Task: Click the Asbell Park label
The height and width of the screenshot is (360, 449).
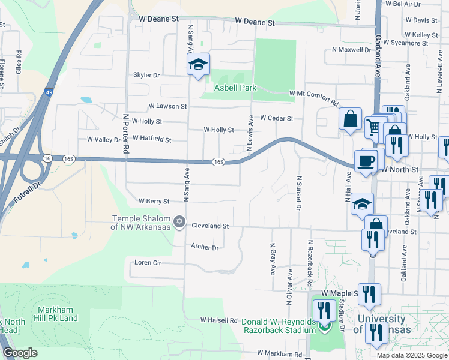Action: click(x=236, y=88)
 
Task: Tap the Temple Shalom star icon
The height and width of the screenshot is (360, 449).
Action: click(x=179, y=223)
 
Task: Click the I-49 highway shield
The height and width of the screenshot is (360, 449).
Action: click(x=47, y=93)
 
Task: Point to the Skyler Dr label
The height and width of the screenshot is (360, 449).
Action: click(x=146, y=76)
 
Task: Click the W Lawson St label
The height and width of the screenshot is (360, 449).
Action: click(x=168, y=106)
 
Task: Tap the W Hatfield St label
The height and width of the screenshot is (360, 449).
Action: click(x=151, y=140)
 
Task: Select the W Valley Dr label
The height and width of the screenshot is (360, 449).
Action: click(x=103, y=139)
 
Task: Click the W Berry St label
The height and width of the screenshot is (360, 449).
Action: click(x=154, y=201)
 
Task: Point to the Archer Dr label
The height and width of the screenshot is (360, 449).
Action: click(x=205, y=247)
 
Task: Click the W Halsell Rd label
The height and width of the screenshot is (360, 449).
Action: click(x=219, y=320)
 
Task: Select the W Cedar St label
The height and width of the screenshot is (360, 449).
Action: click(x=276, y=119)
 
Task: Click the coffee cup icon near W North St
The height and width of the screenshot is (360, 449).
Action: click(x=366, y=161)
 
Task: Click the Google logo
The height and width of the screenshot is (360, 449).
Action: click(x=20, y=353)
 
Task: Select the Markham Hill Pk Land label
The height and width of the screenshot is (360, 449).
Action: click(x=59, y=314)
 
